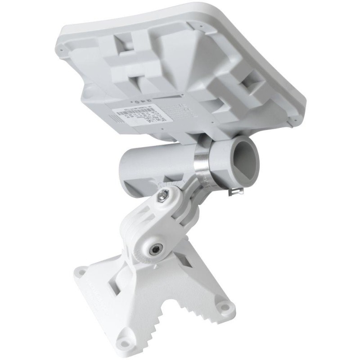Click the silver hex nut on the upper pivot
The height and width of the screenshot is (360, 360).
163,196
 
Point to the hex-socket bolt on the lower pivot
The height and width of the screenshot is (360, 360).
155,249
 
